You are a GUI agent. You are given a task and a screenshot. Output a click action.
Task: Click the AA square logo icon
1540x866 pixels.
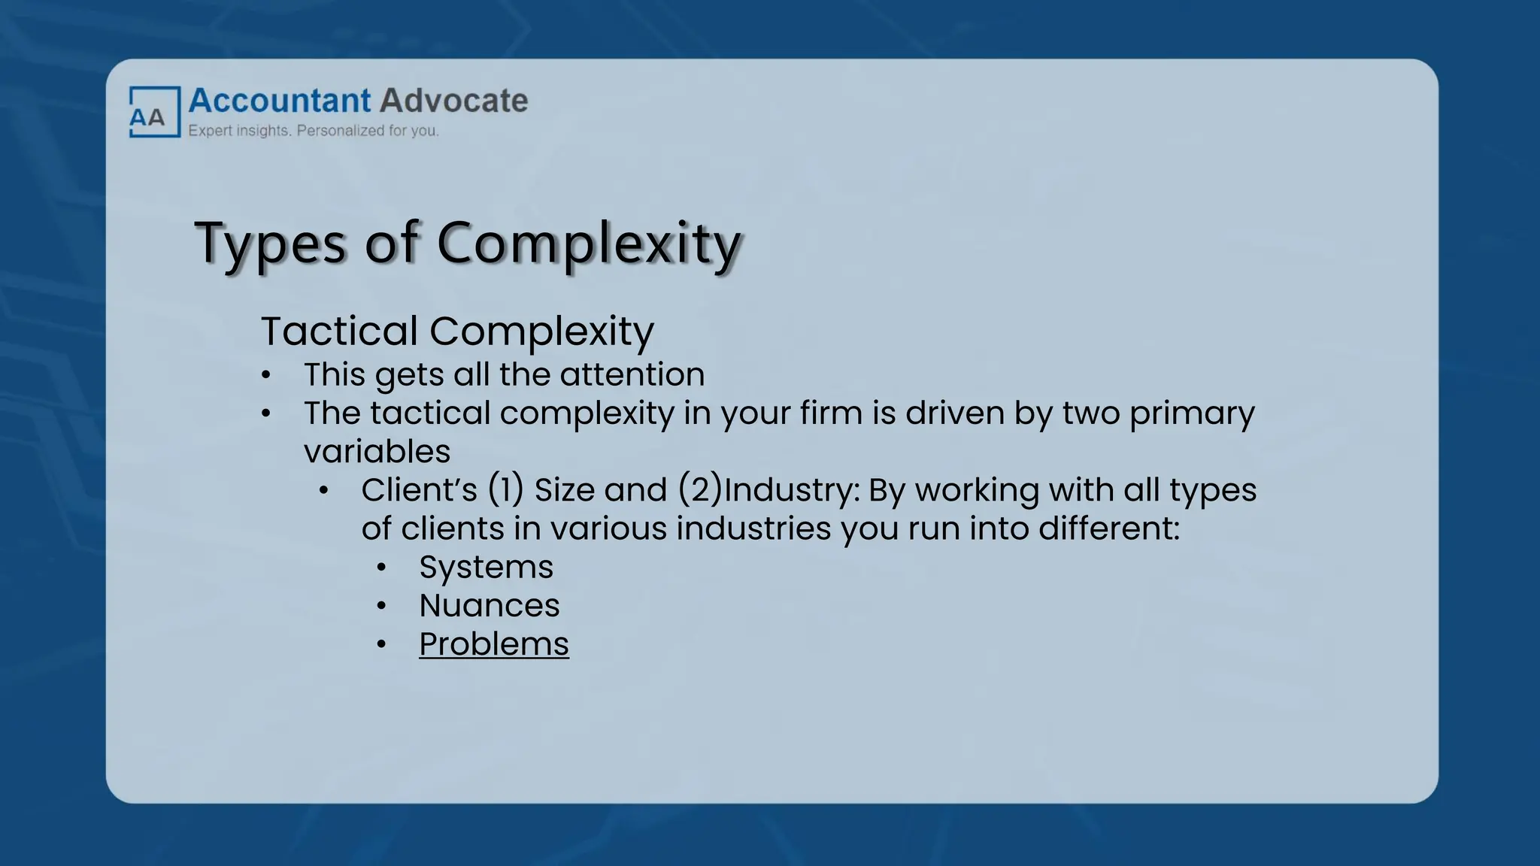(x=154, y=113)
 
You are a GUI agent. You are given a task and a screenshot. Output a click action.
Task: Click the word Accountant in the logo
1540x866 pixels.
(x=280, y=101)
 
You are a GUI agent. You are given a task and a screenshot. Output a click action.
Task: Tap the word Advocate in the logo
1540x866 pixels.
(x=453, y=101)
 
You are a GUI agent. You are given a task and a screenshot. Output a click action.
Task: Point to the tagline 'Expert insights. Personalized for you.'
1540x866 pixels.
(x=313, y=131)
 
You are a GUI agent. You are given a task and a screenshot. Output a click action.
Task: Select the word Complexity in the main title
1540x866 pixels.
(x=589, y=244)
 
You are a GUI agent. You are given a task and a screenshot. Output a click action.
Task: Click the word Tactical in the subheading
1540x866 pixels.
(x=339, y=331)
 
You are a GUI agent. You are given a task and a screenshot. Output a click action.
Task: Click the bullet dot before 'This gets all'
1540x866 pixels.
(x=266, y=375)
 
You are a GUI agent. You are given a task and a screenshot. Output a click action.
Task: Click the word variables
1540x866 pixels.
(x=377, y=452)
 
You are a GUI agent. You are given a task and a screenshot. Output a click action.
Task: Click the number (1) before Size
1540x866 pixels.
(x=505, y=490)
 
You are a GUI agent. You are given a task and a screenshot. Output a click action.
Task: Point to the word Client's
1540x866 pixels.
(x=419, y=490)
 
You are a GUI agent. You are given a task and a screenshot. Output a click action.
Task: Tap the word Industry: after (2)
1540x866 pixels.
(x=792, y=490)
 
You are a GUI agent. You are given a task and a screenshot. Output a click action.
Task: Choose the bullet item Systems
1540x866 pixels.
(x=486, y=567)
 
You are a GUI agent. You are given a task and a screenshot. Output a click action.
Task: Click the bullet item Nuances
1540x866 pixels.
(x=489, y=605)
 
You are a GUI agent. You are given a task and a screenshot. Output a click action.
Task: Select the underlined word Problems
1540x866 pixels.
(x=494, y=644)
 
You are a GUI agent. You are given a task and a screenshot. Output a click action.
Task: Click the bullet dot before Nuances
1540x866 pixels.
(x=382, y=606)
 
